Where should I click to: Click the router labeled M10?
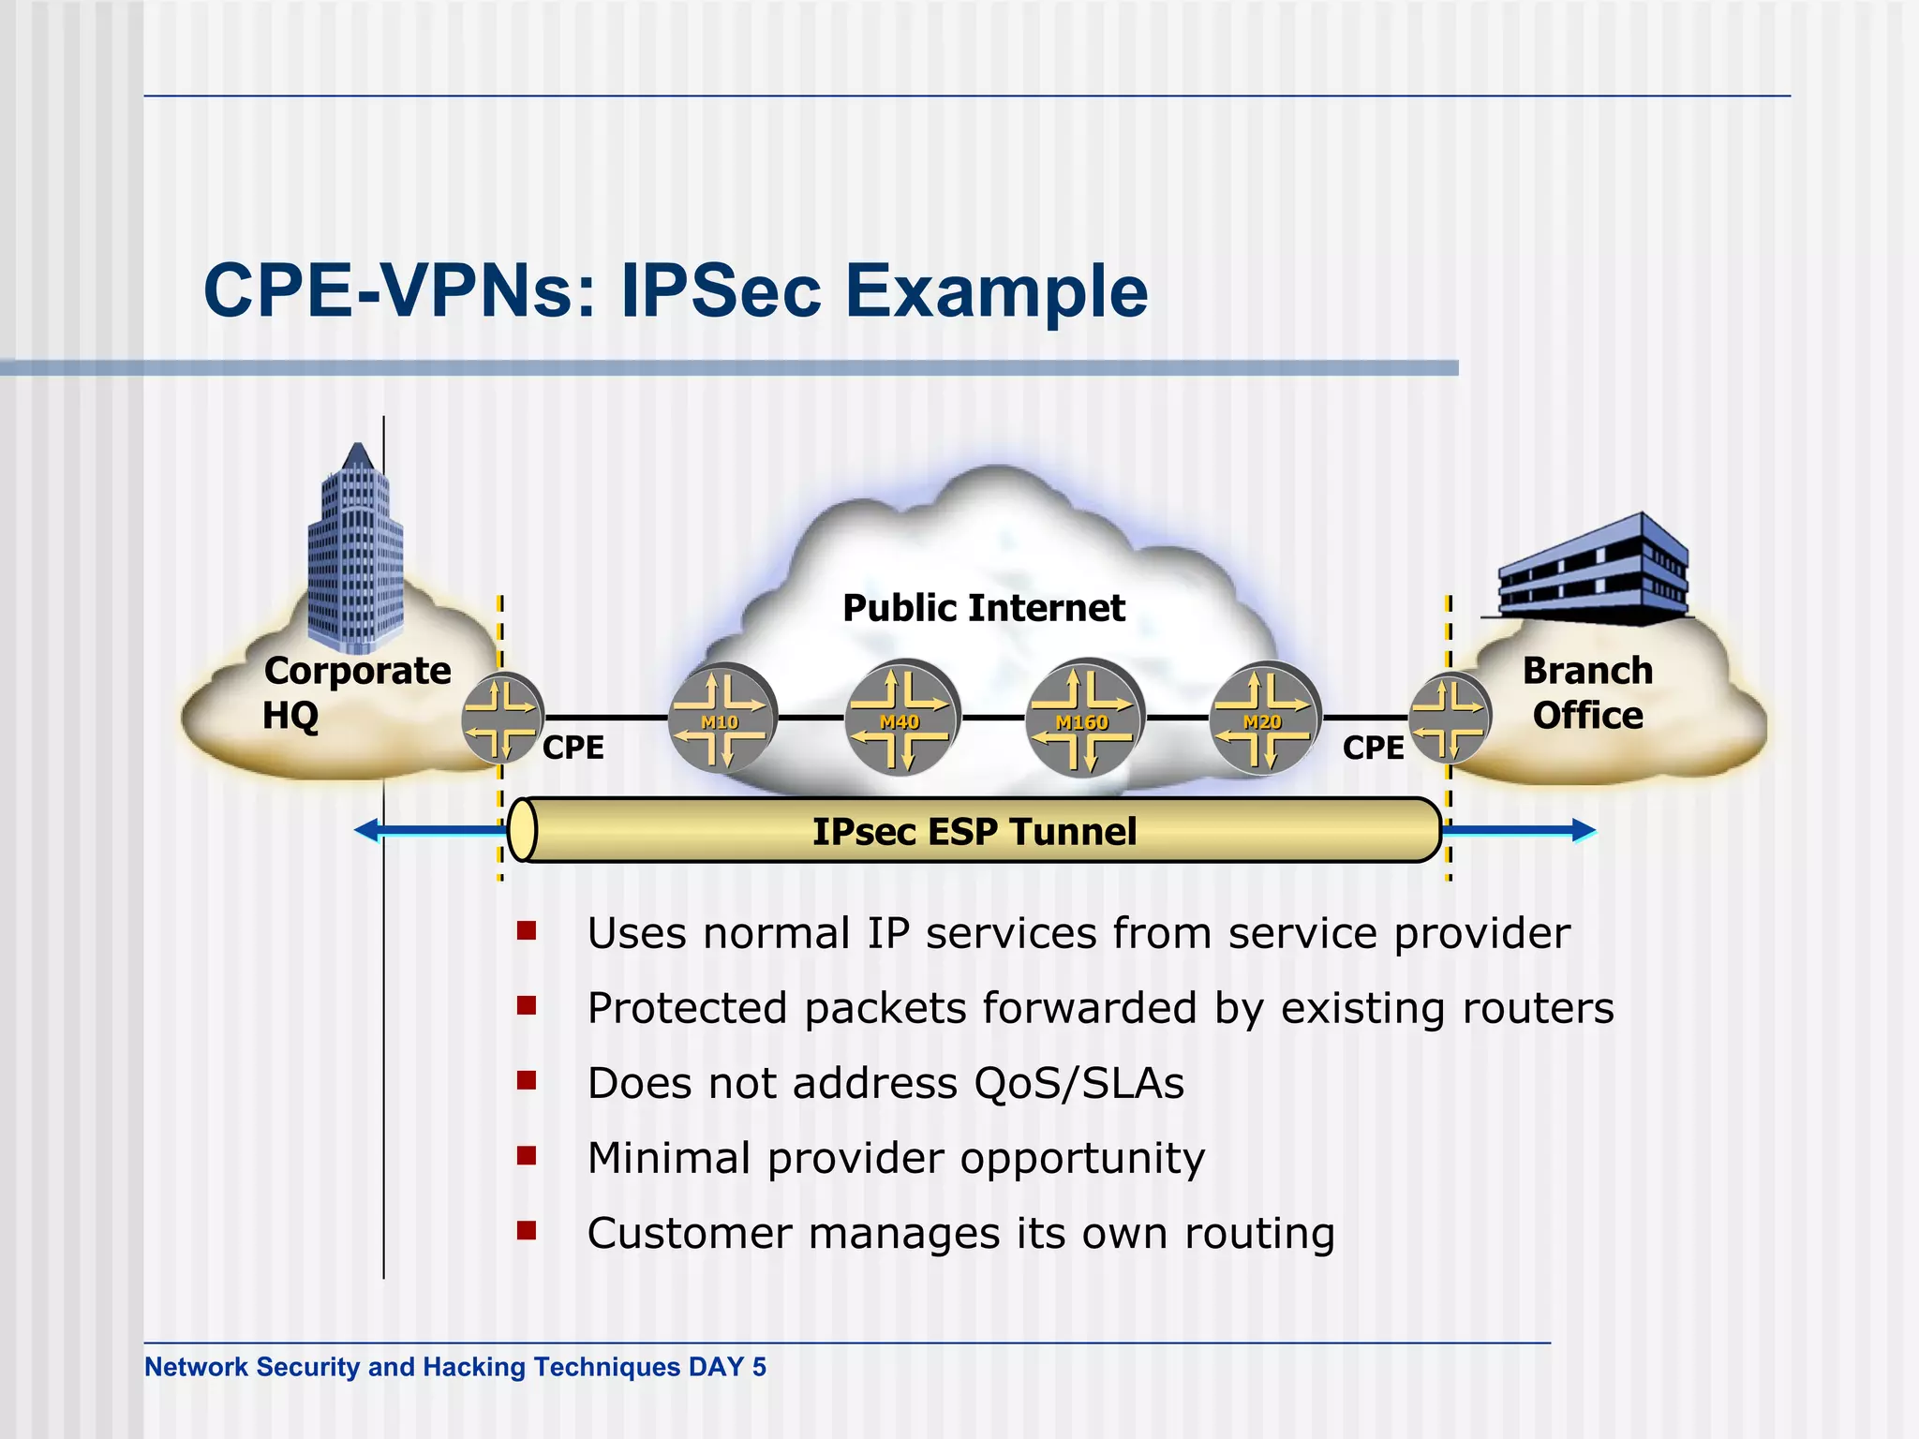721,719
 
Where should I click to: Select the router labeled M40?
900,719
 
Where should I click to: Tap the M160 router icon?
1083,719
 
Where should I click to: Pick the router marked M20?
1264,719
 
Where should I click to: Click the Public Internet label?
983,608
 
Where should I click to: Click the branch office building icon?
1592,571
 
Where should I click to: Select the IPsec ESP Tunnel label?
974,832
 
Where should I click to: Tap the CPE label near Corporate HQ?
573,748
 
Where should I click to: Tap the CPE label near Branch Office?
1373,748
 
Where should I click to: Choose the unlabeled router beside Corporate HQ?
502,719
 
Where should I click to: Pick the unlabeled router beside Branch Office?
1449,719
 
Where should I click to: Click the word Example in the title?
996,291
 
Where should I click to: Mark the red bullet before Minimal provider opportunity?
527,1156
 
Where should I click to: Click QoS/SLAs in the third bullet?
1079,1084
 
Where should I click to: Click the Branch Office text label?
1587,693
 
